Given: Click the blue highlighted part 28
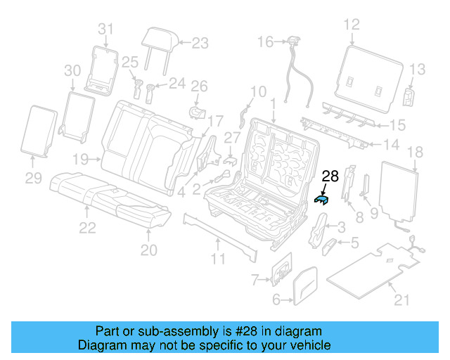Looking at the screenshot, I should pos(321,200).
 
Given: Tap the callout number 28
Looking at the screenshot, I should pos(330,177).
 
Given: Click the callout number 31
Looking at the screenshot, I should pos(105,29).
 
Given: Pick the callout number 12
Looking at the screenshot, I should pos(351,25).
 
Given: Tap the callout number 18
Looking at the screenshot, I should pos(415,151).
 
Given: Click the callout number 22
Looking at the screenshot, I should pos(87,227).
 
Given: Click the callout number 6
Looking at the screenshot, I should pos(276,300).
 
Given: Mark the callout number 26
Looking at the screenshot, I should pos(200,86).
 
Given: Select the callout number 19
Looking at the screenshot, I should pos(82,158).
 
